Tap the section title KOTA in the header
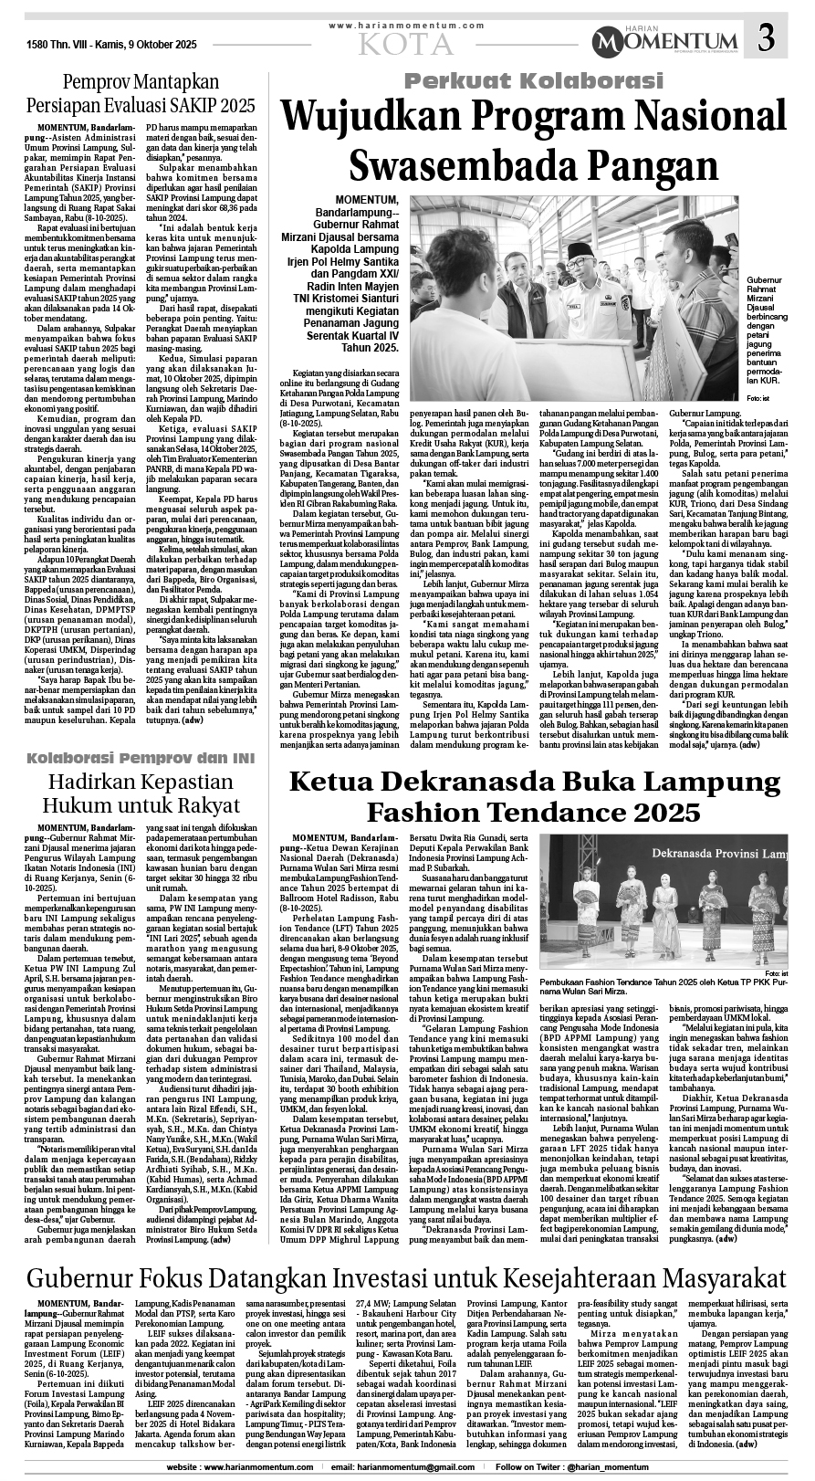tap(405, 43)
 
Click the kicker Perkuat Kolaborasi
tap(534, 81)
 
